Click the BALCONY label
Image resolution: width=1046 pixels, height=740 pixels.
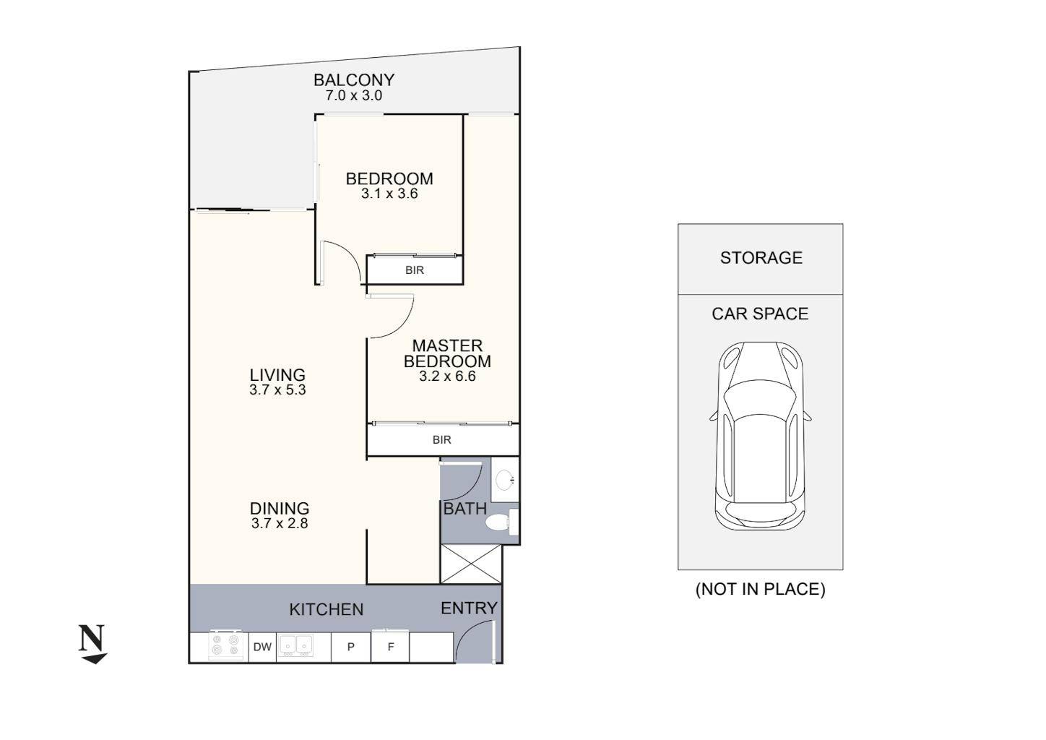point(353,79)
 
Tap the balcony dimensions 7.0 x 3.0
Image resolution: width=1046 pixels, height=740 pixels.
point(349,95)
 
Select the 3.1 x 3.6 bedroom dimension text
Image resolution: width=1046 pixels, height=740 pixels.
point(389,194)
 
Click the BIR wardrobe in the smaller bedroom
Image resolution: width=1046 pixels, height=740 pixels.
point(415,270)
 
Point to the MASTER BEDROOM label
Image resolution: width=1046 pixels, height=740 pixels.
point(447,353)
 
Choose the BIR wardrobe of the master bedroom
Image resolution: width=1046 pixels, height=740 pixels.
point(442,440)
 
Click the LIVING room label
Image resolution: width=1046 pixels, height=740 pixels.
point(277,374)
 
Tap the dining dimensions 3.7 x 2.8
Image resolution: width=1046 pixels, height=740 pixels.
point(280,524)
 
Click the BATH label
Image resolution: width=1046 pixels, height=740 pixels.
point(464,509)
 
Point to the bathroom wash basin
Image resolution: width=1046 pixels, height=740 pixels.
point(506,479)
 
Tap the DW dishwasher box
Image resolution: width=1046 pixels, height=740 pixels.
point(262,647)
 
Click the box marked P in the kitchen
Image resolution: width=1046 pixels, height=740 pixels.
point(350,647)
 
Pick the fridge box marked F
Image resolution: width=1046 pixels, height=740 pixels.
point(391,647)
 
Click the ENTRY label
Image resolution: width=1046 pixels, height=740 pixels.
point(469,608)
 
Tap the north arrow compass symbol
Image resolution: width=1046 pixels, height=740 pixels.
point(92,643)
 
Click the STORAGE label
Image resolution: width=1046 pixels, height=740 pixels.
point(761,258)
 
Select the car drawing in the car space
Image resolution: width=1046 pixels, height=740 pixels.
point(760,436)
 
